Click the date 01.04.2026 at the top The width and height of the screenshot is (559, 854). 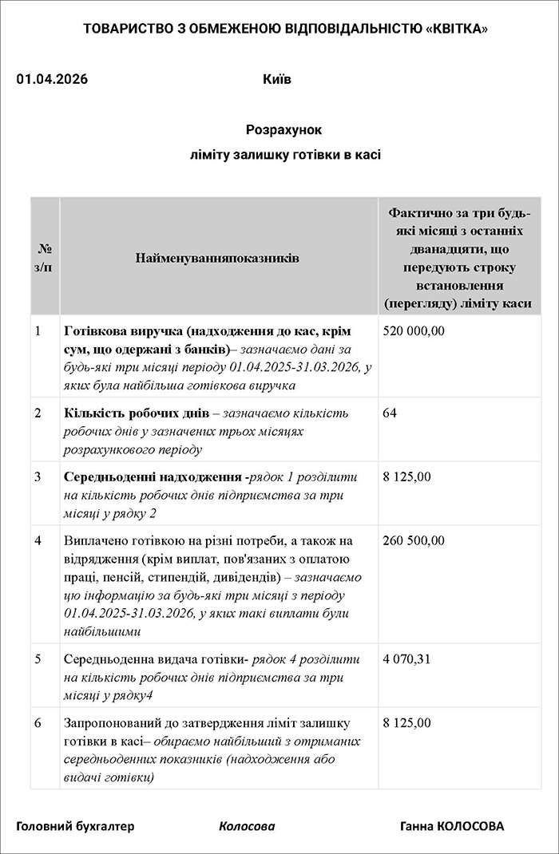point(52,80)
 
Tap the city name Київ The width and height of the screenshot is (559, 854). point(276,80)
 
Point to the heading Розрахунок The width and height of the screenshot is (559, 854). point(283,129)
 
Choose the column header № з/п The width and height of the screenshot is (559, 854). point(46,258)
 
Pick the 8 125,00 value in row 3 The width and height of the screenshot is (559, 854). point(406,477)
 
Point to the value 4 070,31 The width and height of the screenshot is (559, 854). point(406,659)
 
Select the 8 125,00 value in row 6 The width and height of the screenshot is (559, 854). point(406,723)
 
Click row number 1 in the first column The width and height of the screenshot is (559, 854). point(38,330)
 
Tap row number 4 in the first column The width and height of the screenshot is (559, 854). point(38,541)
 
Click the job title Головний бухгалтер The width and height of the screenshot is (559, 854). point(76,826)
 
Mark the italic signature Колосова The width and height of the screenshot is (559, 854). point(247,826)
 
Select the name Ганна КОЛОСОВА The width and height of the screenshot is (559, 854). point(452,826)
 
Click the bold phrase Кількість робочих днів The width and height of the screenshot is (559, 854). point(137,413)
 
